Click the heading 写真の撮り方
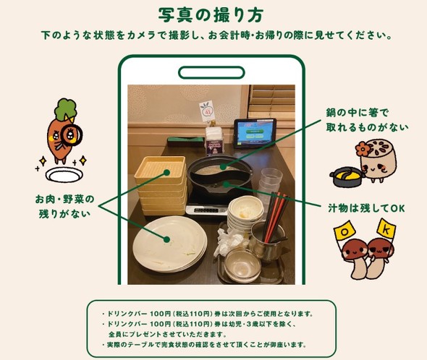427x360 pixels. point(211,14)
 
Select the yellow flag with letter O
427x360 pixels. point(344,232)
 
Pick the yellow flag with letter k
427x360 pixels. point(386,229)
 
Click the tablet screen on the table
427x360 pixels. point(254,133)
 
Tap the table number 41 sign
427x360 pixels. point(208,110)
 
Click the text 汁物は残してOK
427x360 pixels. point(366,208)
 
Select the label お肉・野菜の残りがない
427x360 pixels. point(64,206)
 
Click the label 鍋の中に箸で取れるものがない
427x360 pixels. point(367,120)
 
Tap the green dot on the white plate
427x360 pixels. point(166,239)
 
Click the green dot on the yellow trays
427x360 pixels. point(166,173)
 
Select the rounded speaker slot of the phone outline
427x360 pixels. point(211,73)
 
